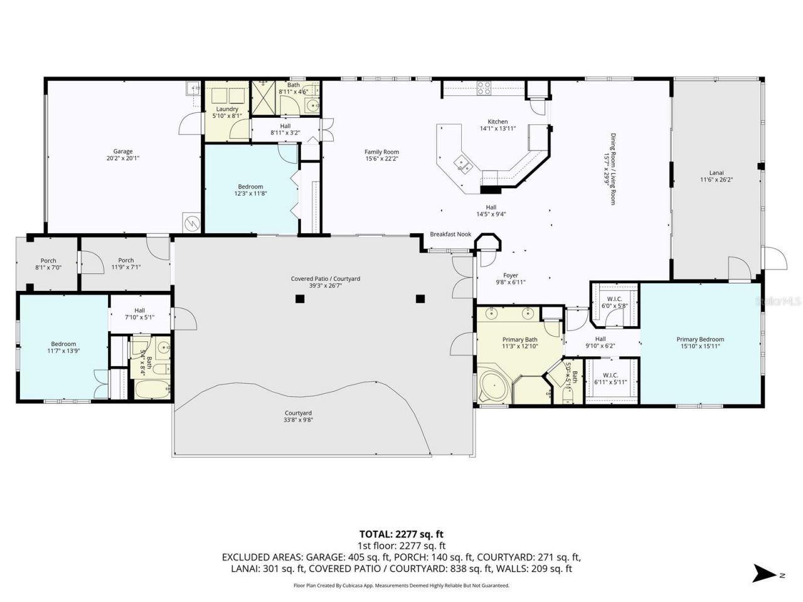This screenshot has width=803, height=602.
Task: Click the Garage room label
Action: [123, 151]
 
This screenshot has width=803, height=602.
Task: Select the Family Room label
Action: [381, 152]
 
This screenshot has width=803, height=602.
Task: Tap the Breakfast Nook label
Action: [450, 235]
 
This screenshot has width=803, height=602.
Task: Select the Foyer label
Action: [511, 275]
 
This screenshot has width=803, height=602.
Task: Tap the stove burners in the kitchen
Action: [484, 88]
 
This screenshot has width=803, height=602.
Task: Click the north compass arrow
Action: [764, 573]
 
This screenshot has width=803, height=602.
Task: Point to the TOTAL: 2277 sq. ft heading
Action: [401, 534]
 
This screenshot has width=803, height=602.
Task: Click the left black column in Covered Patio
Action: [300, 298]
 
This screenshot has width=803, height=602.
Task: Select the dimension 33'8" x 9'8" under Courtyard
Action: [299, 420]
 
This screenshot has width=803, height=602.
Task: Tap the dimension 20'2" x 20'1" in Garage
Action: [123, 159]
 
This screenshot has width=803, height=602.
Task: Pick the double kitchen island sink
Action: [463, 165]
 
